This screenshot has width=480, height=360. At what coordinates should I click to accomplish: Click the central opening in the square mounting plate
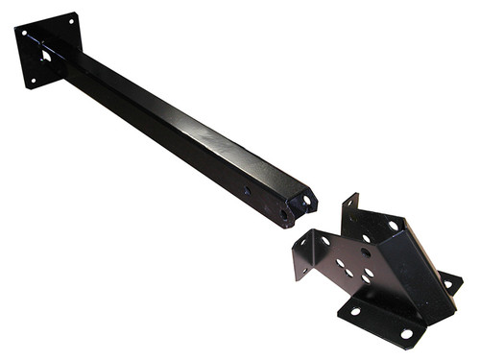tap(45, 55)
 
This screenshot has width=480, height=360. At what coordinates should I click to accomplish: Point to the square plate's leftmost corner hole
tap(21, 34)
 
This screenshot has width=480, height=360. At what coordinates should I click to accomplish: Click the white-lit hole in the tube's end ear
tap(308, 201)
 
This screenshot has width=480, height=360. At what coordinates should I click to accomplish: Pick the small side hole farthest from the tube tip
tap(247, 192)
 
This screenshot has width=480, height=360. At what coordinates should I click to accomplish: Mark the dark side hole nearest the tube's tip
tap(285, 213)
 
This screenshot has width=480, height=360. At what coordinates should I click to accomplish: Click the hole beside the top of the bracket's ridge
tap(394, 226)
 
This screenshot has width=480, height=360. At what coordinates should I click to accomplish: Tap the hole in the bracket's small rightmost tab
tap(448, 283)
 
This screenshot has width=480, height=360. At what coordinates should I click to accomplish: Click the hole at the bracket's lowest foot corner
tap(407, 333)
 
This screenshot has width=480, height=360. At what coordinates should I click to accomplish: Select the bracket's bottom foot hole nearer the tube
tap(352, 309)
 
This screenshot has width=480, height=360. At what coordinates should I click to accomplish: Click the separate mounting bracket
tap(379, 274)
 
